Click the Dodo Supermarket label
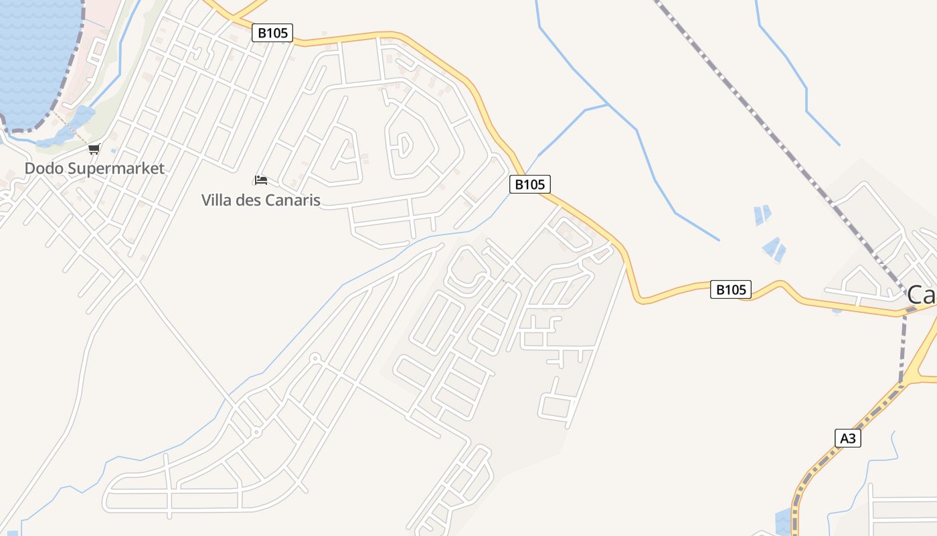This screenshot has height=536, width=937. (94, 168)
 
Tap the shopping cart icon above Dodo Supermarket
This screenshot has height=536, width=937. (94, 149)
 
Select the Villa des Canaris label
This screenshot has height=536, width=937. (261, 200)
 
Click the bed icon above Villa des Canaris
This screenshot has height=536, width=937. (261, 180)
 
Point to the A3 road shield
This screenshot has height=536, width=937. (848, 438)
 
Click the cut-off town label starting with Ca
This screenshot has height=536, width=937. (922, 295)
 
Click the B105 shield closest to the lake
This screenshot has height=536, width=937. (272, 32)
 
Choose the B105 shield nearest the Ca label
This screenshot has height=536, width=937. (730, 289)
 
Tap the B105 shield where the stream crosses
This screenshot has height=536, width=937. (530, 184)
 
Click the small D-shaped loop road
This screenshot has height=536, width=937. (404, 143)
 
